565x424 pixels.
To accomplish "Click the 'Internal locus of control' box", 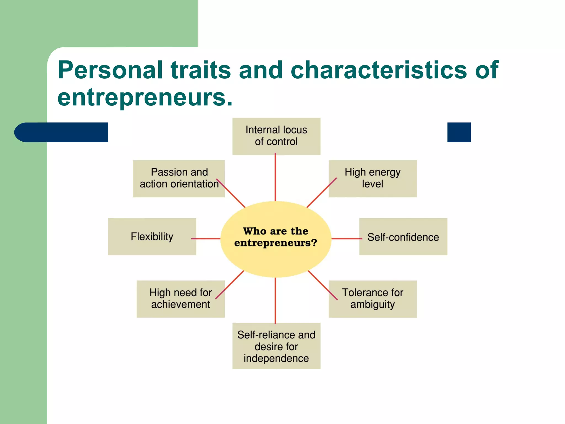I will [276, 136].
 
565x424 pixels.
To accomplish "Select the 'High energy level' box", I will [372, 178].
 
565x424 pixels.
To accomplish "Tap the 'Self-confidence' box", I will [403, 237].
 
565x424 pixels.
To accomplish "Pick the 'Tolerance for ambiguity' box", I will [372, 299].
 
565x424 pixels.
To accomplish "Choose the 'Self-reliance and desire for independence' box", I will [276, 346].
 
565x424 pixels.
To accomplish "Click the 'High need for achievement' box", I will [180, 299].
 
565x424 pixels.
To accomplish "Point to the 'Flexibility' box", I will [152, 237].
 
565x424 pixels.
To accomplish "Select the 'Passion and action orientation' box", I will [179, 178].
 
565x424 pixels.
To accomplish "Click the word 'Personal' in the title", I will [110, 70].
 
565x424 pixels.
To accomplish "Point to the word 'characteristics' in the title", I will [379, 70].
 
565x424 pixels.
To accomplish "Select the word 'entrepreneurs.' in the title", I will [145, 98].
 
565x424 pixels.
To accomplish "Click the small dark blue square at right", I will [459, 132].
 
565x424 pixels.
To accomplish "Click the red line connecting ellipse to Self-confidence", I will [347, 239].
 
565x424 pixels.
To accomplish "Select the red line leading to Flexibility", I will [206, 239].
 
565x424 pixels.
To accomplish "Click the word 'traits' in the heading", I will [201, 70].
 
